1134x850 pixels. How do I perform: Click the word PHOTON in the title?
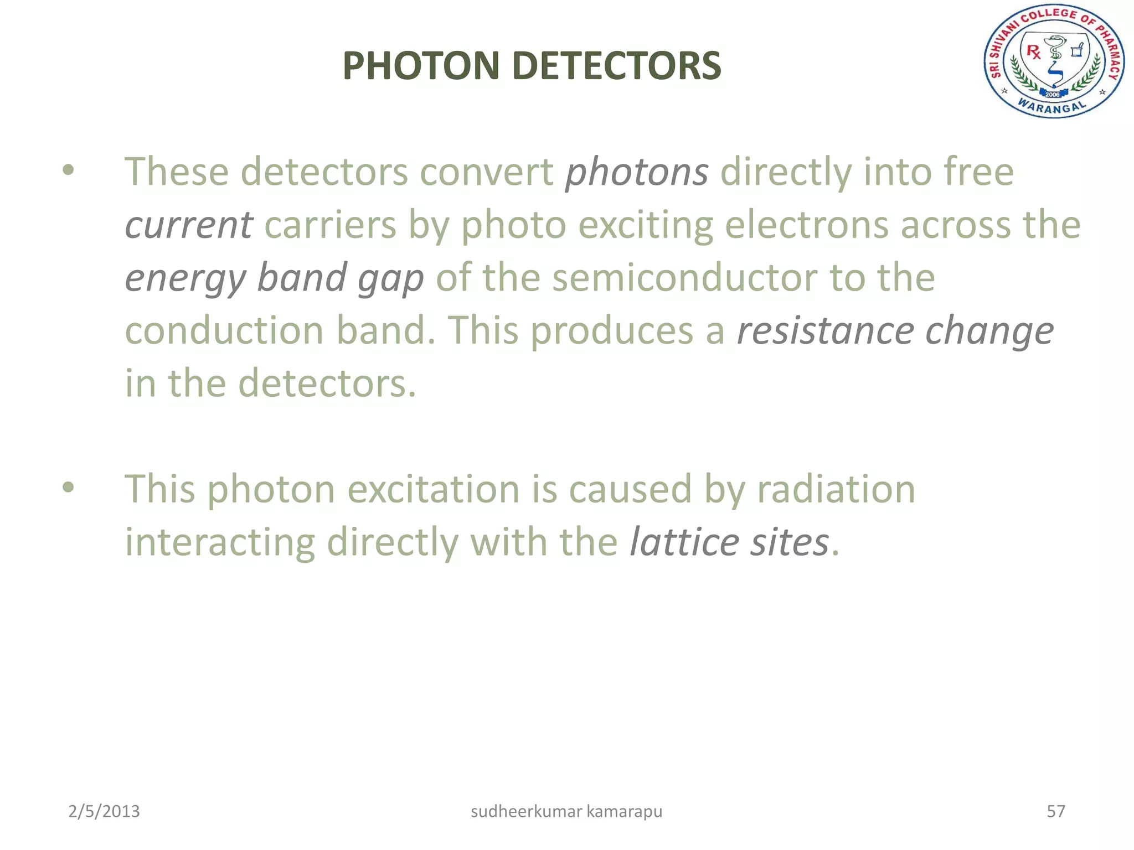[x=421, y=66]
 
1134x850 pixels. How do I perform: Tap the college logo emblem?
[x=1053, y=61]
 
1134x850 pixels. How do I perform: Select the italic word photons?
[x=636, y=172]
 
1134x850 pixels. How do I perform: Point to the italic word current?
[x=189, y=225]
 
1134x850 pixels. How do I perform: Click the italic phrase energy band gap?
[x=274, y=278]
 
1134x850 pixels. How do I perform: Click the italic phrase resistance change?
[x=895, y=331]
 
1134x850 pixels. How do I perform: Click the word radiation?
[x=836, y=489]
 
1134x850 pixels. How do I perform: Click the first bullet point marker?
[x=68, y=170]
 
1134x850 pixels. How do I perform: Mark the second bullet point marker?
[x=68, y=488]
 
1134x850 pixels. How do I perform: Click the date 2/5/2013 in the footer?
[x=104, y=811]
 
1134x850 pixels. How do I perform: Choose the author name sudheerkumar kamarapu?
[x=566, y=811]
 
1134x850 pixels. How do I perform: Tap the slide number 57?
[x=1055, y=811]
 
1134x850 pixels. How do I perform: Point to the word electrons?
[x=806, y=225]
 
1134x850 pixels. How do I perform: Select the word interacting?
[x=219, y=542]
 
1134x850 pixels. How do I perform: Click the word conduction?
[x=224, y=331]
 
